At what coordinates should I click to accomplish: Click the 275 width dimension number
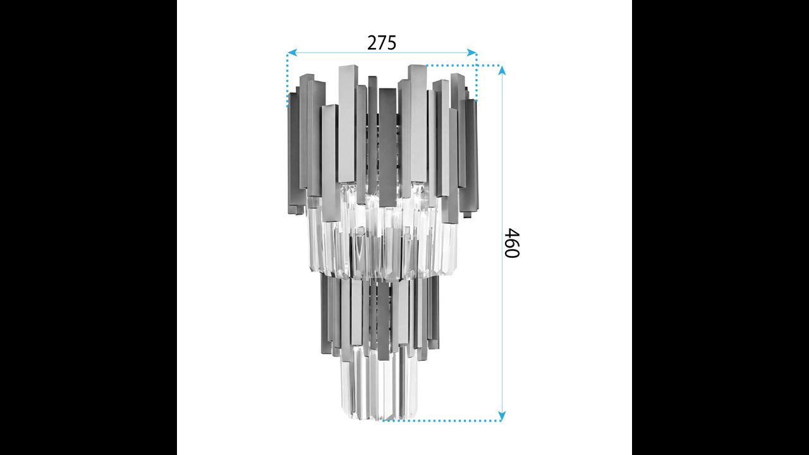pyautogui.click(x=382, y=43)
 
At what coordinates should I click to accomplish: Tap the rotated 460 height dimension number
pyautogui.click(x=512, y=243)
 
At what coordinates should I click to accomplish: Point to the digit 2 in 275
pyautogui.click(x=372, y=43)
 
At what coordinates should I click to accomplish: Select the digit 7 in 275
pyautogui.click(x=382, y=43)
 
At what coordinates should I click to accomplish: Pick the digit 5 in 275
pyautogui.click(x=392, y=43)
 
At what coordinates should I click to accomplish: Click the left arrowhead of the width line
pyautogui.click(x=292, y=52)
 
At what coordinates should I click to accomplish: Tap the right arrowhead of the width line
pyautogui.click(x=471, y=52)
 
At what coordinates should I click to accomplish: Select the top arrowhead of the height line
pyautogui.click(x=502, y=71)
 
